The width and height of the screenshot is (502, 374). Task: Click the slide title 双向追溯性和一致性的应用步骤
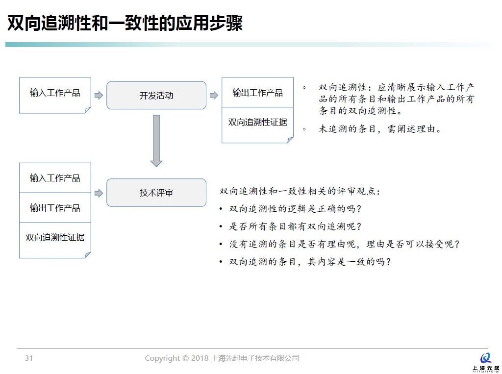point(125,23)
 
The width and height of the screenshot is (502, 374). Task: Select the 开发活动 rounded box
point(156,95)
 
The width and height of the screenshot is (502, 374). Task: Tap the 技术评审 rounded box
point(156,193)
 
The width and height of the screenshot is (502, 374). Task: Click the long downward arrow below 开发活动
point(156,141)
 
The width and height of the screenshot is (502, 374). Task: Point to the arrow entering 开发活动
point(99,95)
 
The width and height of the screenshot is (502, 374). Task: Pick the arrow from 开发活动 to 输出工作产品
point(214,95)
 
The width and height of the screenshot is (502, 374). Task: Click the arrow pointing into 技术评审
point(99,193)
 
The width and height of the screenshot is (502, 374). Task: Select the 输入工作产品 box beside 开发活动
point(55,95)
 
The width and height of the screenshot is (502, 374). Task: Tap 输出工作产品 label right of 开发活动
point(257,93)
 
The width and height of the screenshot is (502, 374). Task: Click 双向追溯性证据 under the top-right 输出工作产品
point(257,122)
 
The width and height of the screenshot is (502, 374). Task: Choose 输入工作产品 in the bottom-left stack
point(55,178)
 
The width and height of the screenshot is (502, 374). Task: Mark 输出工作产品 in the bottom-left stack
point(55,208)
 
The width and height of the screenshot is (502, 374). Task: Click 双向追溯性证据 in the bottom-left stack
point(55,237)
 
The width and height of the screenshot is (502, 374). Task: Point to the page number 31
point(29,358)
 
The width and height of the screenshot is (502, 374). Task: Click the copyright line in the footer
point(222,358)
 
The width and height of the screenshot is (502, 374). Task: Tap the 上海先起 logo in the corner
point(486,362)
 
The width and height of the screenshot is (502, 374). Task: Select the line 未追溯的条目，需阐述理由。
point(380,129)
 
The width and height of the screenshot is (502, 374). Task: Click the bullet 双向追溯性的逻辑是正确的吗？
point(295,209)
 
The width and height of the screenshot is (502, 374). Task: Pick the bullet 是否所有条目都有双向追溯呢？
point(295,226)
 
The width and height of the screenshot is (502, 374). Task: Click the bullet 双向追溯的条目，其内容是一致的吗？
point(310,262)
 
